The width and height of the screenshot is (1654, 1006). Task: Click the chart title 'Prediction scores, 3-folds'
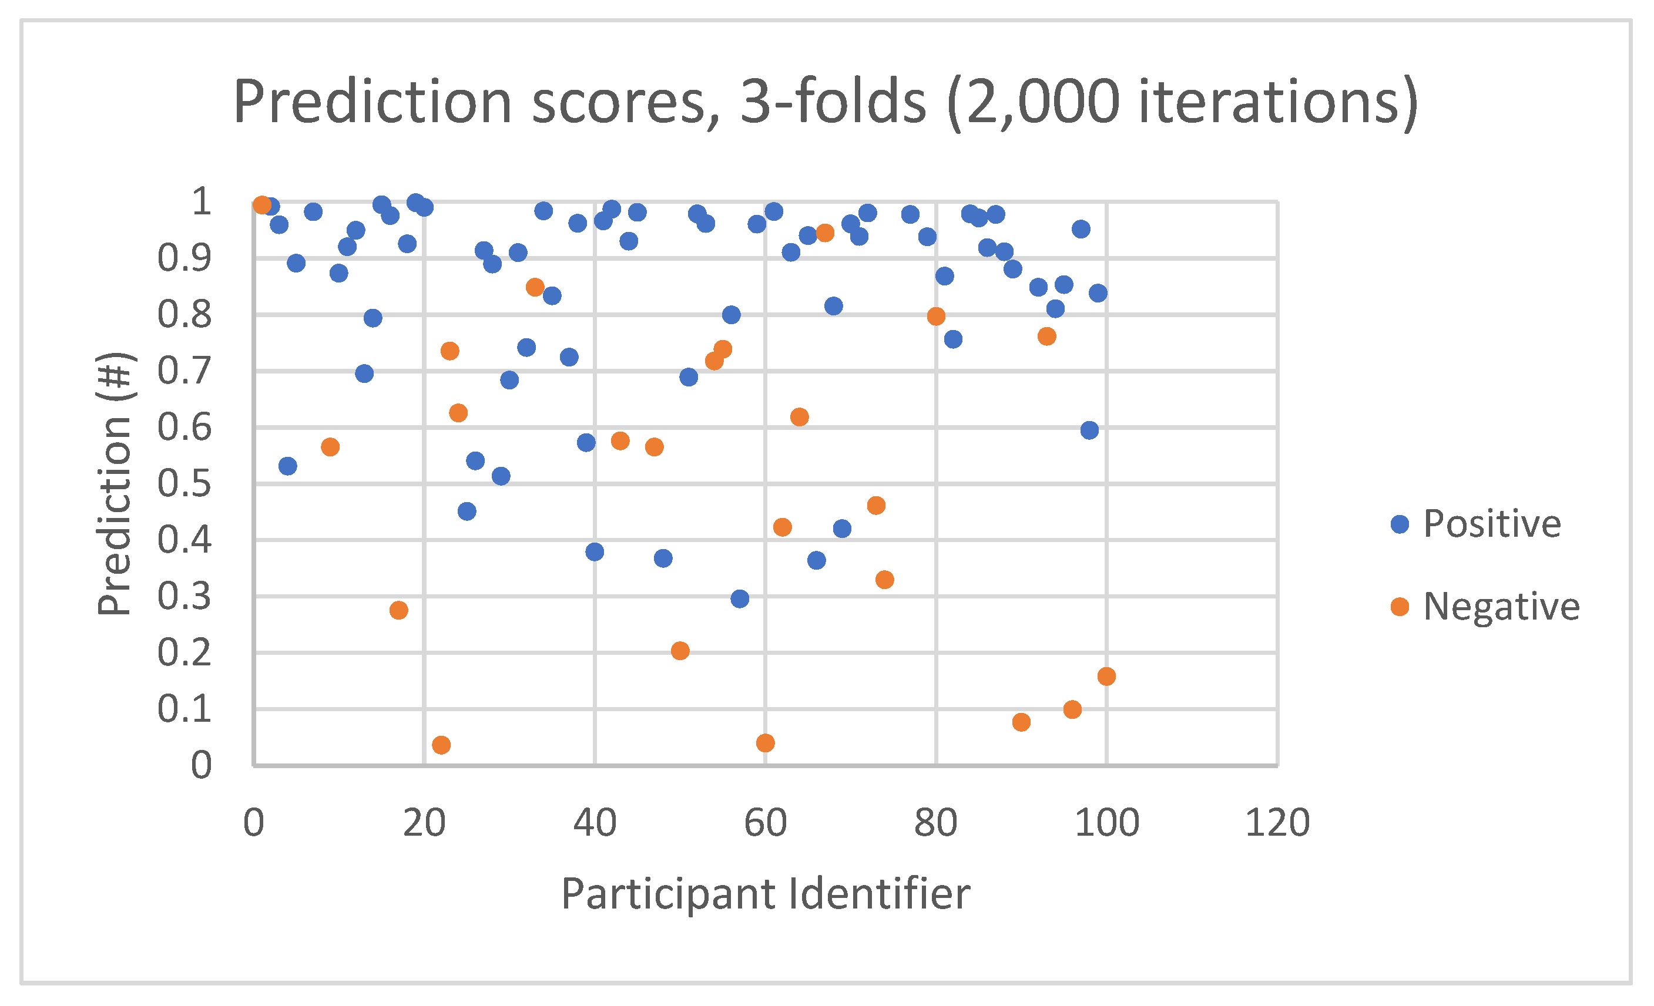(825, 102)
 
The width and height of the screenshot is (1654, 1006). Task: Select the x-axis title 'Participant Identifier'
(765, 894)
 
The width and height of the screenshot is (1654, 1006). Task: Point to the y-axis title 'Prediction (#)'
(116, 484)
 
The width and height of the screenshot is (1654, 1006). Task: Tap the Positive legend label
(1492, 524)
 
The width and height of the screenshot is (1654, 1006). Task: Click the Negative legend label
(1501, 607)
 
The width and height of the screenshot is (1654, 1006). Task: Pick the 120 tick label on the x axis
(1277, 823)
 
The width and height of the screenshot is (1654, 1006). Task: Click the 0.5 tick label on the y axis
(184, 484)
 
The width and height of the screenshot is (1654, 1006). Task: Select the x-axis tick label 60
(765, 823)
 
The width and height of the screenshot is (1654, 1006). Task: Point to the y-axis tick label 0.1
(184, 709)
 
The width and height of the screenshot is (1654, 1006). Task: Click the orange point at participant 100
(1106, 677)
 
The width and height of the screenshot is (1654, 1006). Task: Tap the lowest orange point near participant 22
(441, 745)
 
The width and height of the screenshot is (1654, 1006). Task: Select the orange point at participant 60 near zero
(765, 743)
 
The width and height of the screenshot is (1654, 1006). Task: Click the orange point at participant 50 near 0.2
(680, 651)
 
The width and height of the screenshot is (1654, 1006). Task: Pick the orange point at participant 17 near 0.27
(399, 610)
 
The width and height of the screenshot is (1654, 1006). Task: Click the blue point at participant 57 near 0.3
(740, 598)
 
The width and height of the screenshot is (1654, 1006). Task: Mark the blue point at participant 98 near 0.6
(1089, 430)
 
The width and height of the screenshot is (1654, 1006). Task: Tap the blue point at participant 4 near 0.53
(287, 466)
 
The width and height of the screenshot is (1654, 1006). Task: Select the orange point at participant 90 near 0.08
(1021, 722)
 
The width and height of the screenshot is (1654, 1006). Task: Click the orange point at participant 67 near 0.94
(825, 233)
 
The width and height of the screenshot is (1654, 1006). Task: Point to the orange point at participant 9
(330, 447)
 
